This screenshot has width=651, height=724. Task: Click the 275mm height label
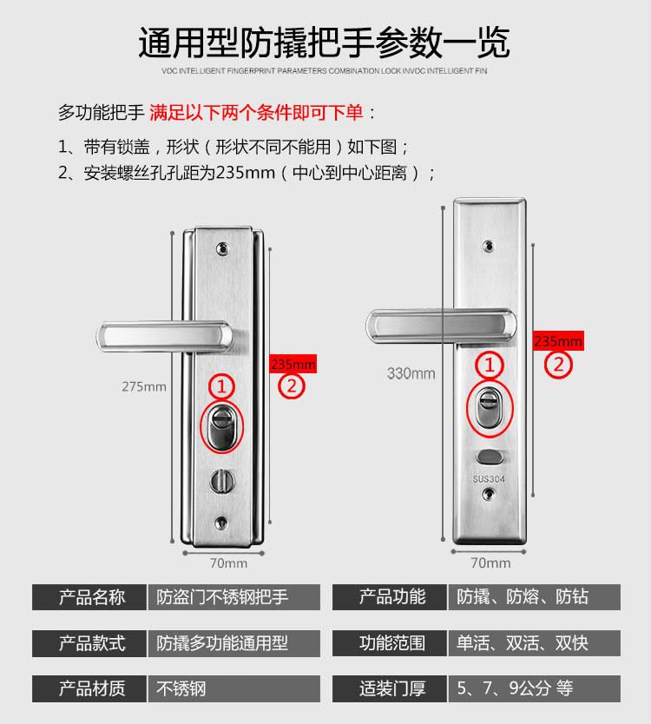[x=143, y=386]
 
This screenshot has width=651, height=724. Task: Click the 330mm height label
[x=411, y=374]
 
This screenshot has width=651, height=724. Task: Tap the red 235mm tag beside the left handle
[x=293, y=364]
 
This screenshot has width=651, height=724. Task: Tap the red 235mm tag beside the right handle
[x=557, y=341]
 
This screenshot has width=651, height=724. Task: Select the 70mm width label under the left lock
[x=228, y=563]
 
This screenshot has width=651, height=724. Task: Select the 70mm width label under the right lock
[x=490, y=563]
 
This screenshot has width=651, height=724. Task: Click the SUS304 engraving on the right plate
[x=489, y=478]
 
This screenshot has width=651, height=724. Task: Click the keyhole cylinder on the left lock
[x=223, y=426]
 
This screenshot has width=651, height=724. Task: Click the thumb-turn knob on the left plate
[x=223, y=477]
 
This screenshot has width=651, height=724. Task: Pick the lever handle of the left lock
[x=165, y=334]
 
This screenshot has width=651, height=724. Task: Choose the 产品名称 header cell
[x=91, y=597]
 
